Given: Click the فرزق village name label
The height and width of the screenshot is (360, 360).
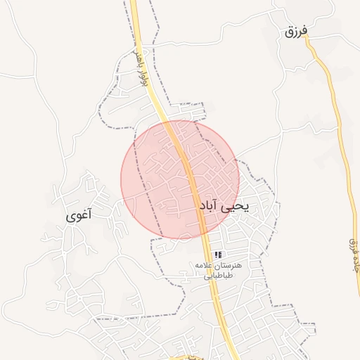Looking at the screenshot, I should tap(297, 32).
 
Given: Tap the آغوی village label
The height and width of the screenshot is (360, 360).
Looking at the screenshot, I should tap(79, 216).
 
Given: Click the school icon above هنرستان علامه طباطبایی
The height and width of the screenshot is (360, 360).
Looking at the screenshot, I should tap(218, 254).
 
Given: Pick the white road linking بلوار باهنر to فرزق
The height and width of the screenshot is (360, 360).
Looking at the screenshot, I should tap(211, 35).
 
